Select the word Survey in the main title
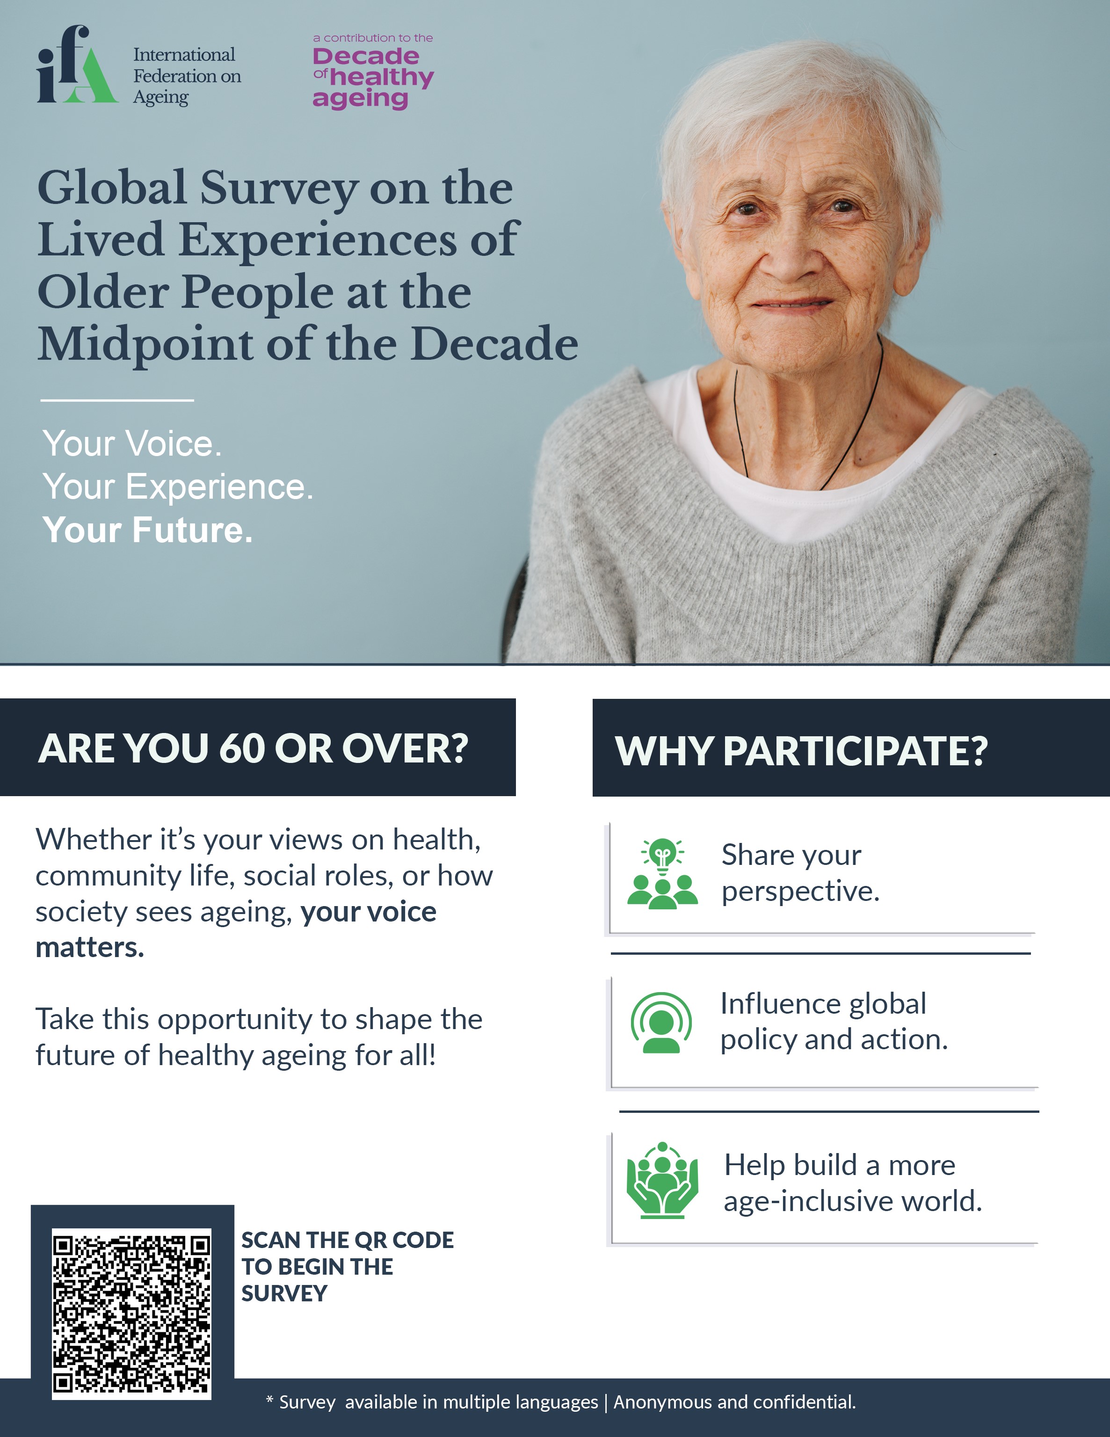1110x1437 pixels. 279,189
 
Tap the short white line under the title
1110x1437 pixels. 117,399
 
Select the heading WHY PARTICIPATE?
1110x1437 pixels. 801,750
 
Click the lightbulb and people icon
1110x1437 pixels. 662,874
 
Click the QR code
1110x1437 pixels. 131,1314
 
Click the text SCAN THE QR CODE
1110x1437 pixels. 348,1240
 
